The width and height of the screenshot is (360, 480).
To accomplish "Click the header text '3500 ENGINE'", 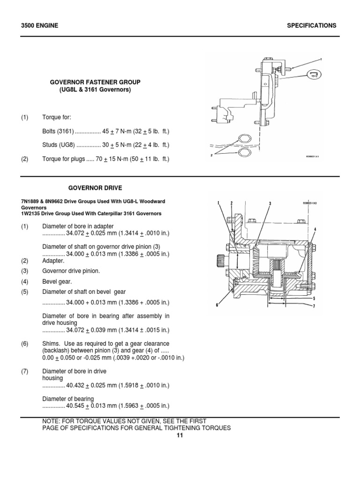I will pyautogui.click(x=39, y=26).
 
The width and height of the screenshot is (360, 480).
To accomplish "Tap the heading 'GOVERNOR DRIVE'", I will pyautogui.click(x=95, y=188).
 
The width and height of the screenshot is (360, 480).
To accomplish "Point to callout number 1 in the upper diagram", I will pyautogui.click(x=321, y=60).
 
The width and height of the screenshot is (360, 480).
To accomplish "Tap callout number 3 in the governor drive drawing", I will pyautogui.click(x=270, y=203).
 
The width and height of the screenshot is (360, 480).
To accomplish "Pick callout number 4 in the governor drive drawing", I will pyautogui.click(x=315, y=229).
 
